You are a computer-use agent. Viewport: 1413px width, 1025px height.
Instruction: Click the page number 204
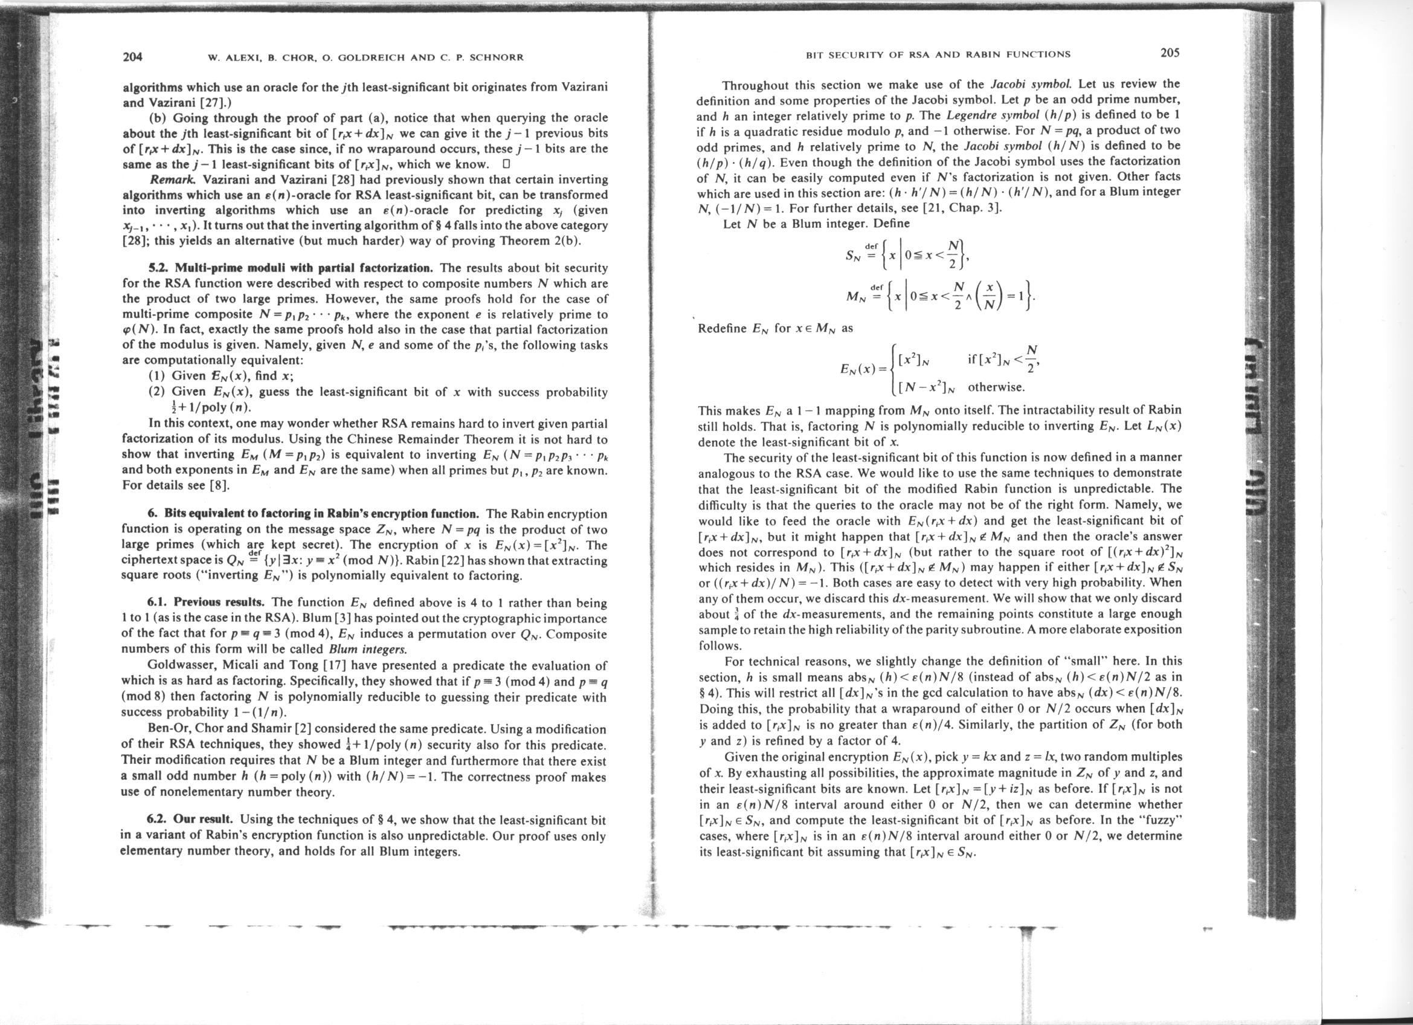tap(133, 57)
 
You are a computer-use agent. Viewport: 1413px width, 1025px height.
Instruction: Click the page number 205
tap(1170, 53)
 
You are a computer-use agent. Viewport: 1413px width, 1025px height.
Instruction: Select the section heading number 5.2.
tap(159, 268)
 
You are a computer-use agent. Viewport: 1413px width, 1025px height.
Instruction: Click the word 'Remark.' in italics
tap(167, 179)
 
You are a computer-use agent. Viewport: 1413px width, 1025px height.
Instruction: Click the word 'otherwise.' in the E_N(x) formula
tap(996, 387)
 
